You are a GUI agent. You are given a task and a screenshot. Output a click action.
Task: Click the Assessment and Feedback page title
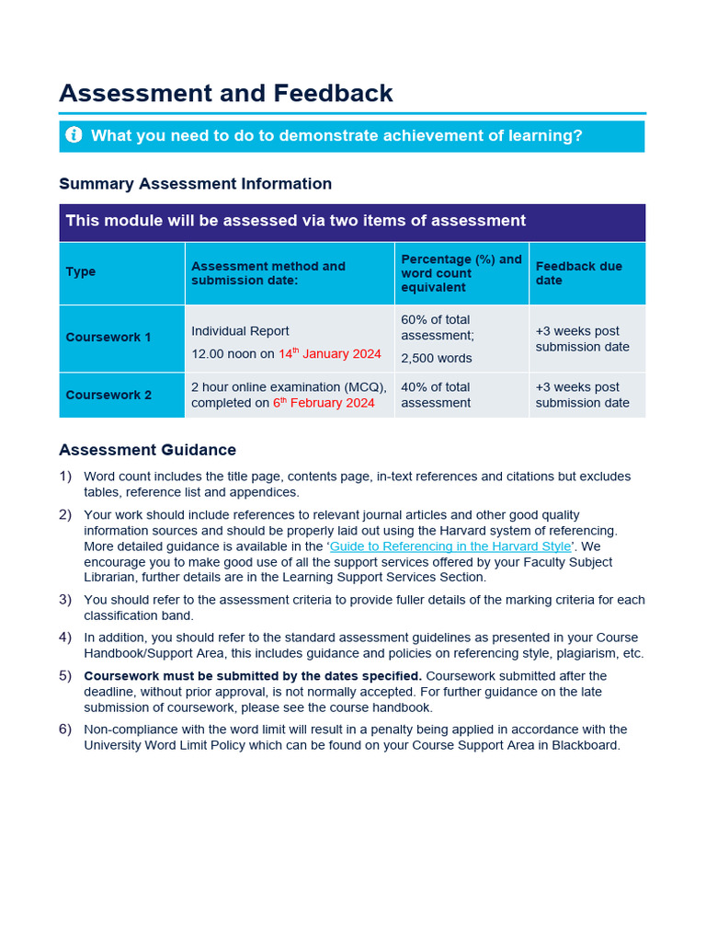[225, 93]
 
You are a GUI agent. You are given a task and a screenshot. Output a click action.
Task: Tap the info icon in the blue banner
[74, 136]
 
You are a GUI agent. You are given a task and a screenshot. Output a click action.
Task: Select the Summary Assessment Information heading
[195, 184]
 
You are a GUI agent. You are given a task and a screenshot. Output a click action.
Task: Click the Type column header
[81, 272]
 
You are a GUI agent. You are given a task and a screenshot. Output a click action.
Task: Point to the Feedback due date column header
[578, 273]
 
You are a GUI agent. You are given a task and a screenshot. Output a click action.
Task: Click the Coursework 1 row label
[108, 338]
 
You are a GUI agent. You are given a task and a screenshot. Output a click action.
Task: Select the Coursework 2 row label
[108, 395]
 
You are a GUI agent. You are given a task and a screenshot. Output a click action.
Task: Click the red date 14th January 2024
[329, 354]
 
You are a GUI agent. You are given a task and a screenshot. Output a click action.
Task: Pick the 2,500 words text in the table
[437, 359]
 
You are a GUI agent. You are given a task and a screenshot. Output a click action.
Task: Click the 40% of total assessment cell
[436, 395]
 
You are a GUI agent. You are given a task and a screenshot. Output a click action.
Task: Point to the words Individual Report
[240, 331]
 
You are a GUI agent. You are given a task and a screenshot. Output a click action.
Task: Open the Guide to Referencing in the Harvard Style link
[450, 546]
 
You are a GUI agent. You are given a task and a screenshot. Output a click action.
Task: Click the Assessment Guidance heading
[147, 450]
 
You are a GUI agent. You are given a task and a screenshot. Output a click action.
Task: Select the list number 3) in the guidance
[65, 600]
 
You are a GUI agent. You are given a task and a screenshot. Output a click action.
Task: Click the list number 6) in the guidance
[65, 729]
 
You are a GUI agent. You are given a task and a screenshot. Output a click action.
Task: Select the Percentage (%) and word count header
[461, 273]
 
